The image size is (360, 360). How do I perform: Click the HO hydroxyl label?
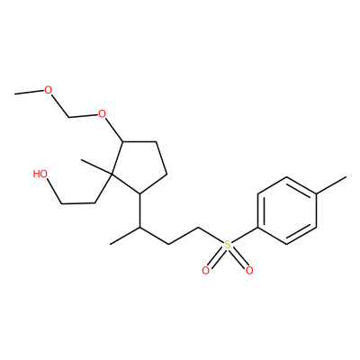[40, 174]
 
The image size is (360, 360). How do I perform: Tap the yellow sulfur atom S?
[228, 245]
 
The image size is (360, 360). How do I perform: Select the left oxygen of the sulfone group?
[205, 271]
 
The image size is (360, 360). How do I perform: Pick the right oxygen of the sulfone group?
[249, 271]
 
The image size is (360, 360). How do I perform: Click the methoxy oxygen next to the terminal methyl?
[48, 90]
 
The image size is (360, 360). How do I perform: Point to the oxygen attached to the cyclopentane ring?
[103, 114]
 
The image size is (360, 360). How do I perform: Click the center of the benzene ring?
[287, 211]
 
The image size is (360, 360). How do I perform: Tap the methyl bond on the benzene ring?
[331, 185]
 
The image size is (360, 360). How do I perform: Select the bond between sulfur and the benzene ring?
[245, 236]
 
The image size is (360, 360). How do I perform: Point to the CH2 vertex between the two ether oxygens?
[69, 117]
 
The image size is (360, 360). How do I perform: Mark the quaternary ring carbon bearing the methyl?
[111, 174]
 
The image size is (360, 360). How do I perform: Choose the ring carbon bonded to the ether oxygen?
[122, 141]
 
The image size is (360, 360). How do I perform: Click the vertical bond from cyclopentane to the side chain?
[139, 211]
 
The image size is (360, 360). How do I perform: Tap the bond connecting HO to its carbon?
[54, 192]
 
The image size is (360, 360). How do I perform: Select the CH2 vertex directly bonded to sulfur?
[199, 228]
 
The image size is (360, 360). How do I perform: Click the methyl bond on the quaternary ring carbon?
[96, 166]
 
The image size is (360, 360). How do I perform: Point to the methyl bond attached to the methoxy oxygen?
[29, 92]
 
